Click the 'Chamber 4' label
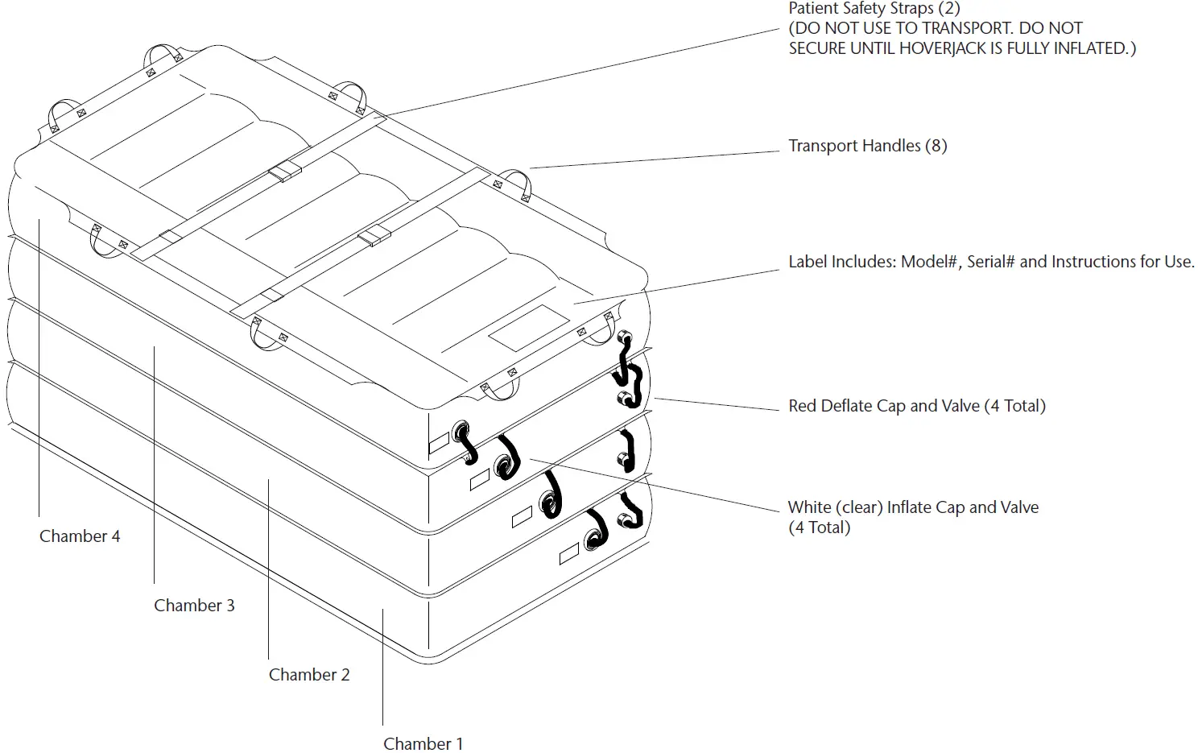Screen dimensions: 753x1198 [80, 536]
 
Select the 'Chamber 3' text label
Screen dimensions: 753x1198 [194, 606]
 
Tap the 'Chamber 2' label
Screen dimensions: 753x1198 [309, 675]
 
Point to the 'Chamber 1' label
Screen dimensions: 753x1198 [423, 744]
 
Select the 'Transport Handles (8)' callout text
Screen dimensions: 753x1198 [867, 146]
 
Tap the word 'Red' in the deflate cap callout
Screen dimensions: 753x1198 [802, 406]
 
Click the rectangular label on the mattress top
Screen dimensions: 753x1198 [530, 328]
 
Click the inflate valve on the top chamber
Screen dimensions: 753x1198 [463, 431]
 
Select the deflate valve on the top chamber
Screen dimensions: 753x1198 [622, 338]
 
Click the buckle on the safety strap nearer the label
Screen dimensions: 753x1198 [374, 236]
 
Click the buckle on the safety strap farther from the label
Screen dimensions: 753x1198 [284, 173]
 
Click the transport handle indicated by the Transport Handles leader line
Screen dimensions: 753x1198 [518, 184]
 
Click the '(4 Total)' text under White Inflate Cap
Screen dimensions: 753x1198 [819, 528]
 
